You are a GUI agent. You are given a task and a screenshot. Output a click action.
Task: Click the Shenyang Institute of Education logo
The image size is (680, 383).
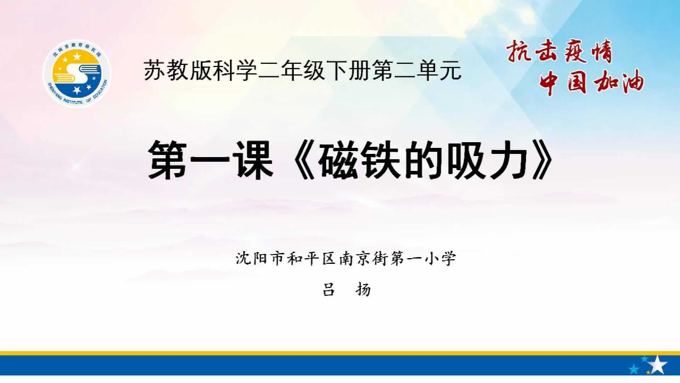tap(77, 73)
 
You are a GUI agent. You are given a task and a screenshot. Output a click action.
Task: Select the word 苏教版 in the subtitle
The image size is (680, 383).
tap(178, 70)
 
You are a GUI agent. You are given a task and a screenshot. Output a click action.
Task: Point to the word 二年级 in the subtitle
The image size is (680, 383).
tap(292, 70)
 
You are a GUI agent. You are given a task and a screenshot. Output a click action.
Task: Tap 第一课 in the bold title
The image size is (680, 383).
tap(211, 160)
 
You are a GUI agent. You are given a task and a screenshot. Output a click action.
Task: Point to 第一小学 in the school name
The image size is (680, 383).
tap(424, 258)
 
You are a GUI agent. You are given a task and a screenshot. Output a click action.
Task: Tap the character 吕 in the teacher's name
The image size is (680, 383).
tap(328, 290)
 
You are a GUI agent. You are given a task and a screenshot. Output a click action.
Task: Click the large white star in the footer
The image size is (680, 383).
tap(657, 365)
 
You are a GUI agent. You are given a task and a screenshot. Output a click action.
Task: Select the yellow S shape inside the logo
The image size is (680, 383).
tap(76, 74)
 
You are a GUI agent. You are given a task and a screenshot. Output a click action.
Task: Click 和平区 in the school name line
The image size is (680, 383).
tap(312, 258)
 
